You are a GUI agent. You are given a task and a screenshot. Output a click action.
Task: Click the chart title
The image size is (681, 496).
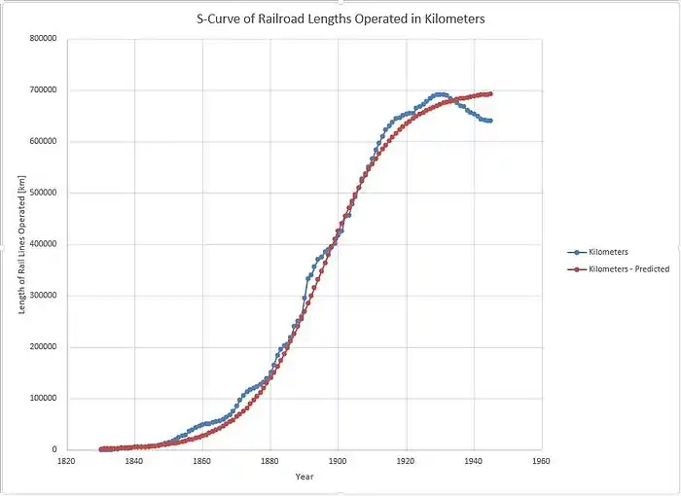[x=340, y=18]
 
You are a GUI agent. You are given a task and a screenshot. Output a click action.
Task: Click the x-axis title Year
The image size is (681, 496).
[x=305, y=477]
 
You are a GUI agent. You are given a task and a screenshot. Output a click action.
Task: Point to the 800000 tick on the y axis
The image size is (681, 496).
[x=40, y=39]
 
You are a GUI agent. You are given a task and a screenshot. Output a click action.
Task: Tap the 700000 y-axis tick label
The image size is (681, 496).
[x=40, y=90]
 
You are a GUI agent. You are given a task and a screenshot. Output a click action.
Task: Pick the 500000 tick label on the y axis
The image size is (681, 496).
[x=40, y=194]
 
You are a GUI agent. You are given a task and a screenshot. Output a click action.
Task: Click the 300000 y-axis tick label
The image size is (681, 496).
[x=40, y=296]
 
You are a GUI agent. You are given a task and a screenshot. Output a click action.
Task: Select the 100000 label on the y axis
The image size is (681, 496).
[x=40, y=399]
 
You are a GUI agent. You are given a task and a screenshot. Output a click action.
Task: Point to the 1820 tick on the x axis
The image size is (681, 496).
[x=66, y=461]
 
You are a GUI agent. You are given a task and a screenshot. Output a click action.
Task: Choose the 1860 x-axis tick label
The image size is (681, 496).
[x=202, y=461]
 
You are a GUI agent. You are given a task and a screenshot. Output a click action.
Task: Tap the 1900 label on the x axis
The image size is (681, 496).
[x=338, y=461]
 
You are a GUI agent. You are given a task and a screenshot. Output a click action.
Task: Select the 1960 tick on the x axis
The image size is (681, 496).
[x=541, y=461]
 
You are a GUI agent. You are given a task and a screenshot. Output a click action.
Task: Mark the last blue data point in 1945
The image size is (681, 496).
[x=490, y=121]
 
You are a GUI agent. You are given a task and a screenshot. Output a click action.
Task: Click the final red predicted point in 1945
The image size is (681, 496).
[x=490, y=94]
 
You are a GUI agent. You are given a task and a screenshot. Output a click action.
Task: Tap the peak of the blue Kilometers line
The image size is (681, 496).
[x=440, y=94]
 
